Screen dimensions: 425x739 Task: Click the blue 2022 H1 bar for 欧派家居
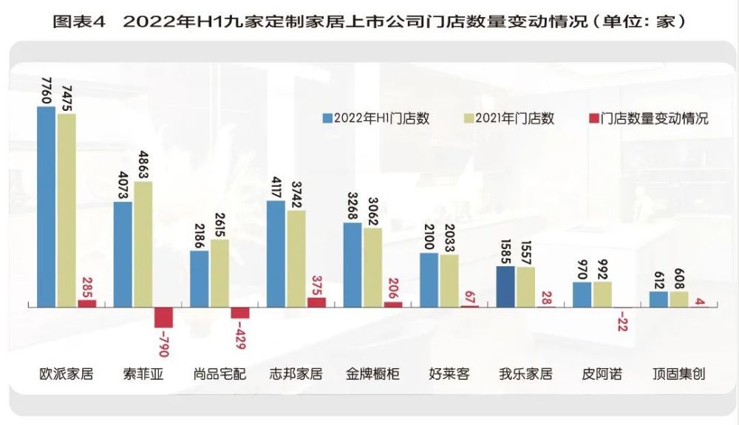[x=46, y=206]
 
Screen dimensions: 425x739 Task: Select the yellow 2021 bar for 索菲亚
[x=143, y=244]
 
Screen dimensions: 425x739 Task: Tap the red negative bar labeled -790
[x=163, y=317]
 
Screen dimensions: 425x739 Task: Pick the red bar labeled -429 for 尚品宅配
[x=239, y=313]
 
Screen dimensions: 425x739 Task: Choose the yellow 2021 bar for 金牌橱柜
[x=372, y=268]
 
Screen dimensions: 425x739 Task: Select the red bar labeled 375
[x=316, y=302]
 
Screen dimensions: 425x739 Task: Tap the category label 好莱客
[x=449, y=374]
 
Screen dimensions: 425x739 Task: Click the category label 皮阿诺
[x=602, y=374]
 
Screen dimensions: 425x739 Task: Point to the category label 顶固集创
[x=678, y=374]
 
